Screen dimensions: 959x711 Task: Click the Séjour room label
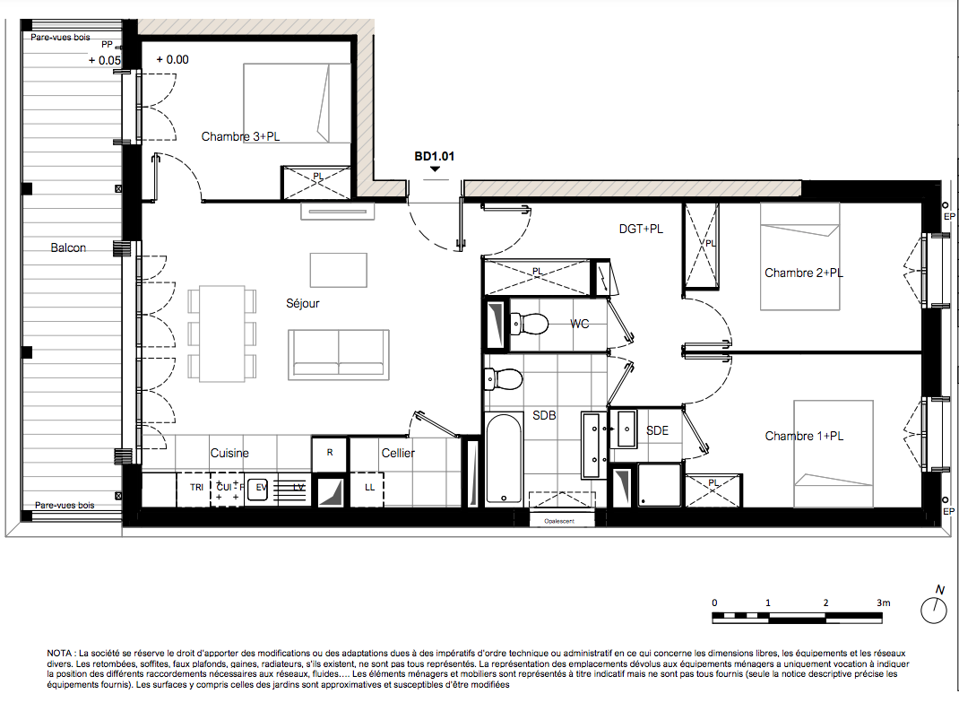pyautogui.click(x=302, y=303)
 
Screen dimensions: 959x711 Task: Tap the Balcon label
pyautogui.click(x=68, y=247)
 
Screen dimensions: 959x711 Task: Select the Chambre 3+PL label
pyautogui.click(x=240, y=136)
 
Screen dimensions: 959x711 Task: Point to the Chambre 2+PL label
pyautogui.click(x=804, y=273)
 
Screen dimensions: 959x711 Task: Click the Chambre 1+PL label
pyautogui.click(x=804, y=437)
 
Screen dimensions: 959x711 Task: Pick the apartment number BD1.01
pyautogui.click(x=435, y=157)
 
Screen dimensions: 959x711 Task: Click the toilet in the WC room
pyautogui.click(x=529, y=324)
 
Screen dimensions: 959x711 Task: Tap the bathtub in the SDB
pyautogui.click(x=505, y=457)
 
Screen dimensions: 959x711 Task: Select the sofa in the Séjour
pyautogui.click(x=338, y=354)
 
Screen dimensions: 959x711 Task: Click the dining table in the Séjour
pyautogui.click(x=222, y=334)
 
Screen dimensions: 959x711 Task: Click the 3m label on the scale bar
pyautogui.click(x=883, y=603)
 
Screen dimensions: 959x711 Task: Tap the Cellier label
pyautogui.click(x=398, y=454)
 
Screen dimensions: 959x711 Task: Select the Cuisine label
pyautogui.click(x=229, y=454)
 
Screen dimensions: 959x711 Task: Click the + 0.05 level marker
pyautogui.click(x=105, y=61)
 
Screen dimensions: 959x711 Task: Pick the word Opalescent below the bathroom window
pyautogui.click(x=559, y=521)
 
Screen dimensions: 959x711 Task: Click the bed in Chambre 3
pyautogui.click(x=289, y=103)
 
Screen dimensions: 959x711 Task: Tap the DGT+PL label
pyautogui.click(x=641, y=229)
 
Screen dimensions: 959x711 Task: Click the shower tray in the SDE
pyautogui.click(x=660, y=484)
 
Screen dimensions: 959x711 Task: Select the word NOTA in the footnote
pyautogui.click(x=59, y=654)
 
